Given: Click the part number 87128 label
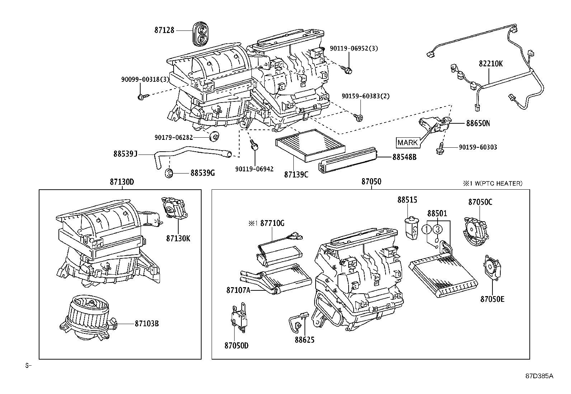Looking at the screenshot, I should (164, 30).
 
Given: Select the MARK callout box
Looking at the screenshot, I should (408, 143).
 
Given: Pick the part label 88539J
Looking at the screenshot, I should (126, 154).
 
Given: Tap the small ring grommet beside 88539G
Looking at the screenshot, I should (169, 173).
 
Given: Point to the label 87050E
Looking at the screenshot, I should (492, 298).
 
